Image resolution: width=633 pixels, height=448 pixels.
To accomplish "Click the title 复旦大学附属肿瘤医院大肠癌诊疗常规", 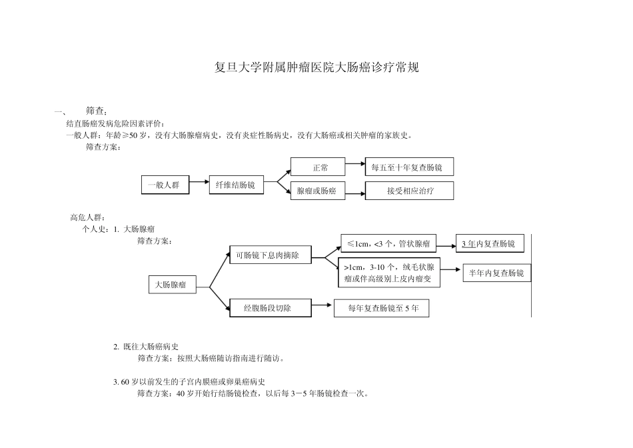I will tap(316, 68).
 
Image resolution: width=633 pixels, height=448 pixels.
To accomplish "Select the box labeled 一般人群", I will tap(165, 185).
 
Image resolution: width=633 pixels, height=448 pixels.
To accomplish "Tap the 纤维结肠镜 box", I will tap(237, 185).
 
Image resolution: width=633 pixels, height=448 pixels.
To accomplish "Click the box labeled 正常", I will tap(318, 167).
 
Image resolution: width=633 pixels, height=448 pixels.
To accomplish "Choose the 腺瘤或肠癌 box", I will tap(318, 191).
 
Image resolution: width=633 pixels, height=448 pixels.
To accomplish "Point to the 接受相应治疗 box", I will tap(410, 191).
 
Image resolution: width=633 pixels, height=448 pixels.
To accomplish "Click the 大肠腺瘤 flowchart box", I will tap(171, 285).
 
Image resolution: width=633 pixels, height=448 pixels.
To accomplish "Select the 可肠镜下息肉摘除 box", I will tap(269, 255).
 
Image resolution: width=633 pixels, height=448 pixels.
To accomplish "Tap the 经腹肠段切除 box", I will tap(269, 308).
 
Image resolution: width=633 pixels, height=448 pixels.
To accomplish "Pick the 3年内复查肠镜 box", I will tap(489, 244).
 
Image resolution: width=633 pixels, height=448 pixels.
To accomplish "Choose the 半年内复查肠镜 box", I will tap(496, 273).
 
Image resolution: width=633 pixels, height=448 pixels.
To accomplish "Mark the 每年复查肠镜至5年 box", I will tap(381, 309).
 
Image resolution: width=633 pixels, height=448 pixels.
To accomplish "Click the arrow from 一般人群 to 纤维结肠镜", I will tap(199, 185).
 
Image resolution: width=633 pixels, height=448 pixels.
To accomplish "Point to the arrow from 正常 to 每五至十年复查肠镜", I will tap(355, 167).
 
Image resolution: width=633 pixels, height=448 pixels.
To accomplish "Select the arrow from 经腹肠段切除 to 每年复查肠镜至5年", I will tap(322, 306).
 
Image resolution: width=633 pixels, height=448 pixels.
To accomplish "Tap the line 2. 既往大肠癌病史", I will tap(146, 346).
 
